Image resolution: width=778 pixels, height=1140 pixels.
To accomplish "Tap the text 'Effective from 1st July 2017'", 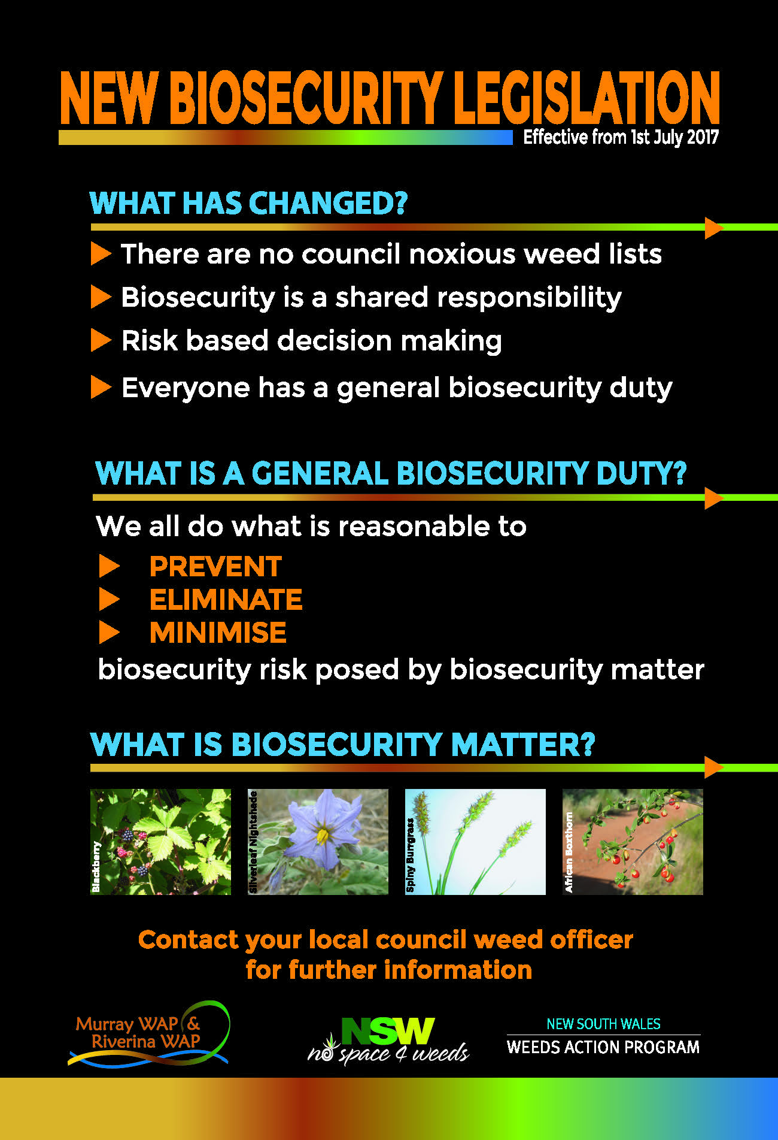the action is click(621, 137).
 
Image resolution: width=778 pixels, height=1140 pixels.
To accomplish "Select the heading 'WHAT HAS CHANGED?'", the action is click(248, 203).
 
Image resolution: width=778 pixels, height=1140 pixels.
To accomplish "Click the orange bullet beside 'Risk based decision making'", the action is click(101, 340).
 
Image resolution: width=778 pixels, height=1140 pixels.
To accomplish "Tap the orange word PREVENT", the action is click(215, 567).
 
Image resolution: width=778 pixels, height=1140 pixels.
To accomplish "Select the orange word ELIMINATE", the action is click(226, 600).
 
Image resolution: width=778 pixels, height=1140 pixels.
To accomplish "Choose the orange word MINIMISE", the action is click(218, 633).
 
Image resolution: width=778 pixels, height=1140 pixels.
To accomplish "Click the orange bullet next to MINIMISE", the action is click(109, 633).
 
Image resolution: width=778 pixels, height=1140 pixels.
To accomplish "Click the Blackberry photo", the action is click(160, 842).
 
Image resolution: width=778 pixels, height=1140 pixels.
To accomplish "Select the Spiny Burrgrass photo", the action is click(475, 842).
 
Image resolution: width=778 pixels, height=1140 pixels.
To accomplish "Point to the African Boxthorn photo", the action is click(633, 842).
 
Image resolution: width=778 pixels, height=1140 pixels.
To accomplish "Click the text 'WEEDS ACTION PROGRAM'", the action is click(603, 1047).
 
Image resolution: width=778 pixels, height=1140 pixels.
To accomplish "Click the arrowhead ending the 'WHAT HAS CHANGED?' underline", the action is click(714, 228).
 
